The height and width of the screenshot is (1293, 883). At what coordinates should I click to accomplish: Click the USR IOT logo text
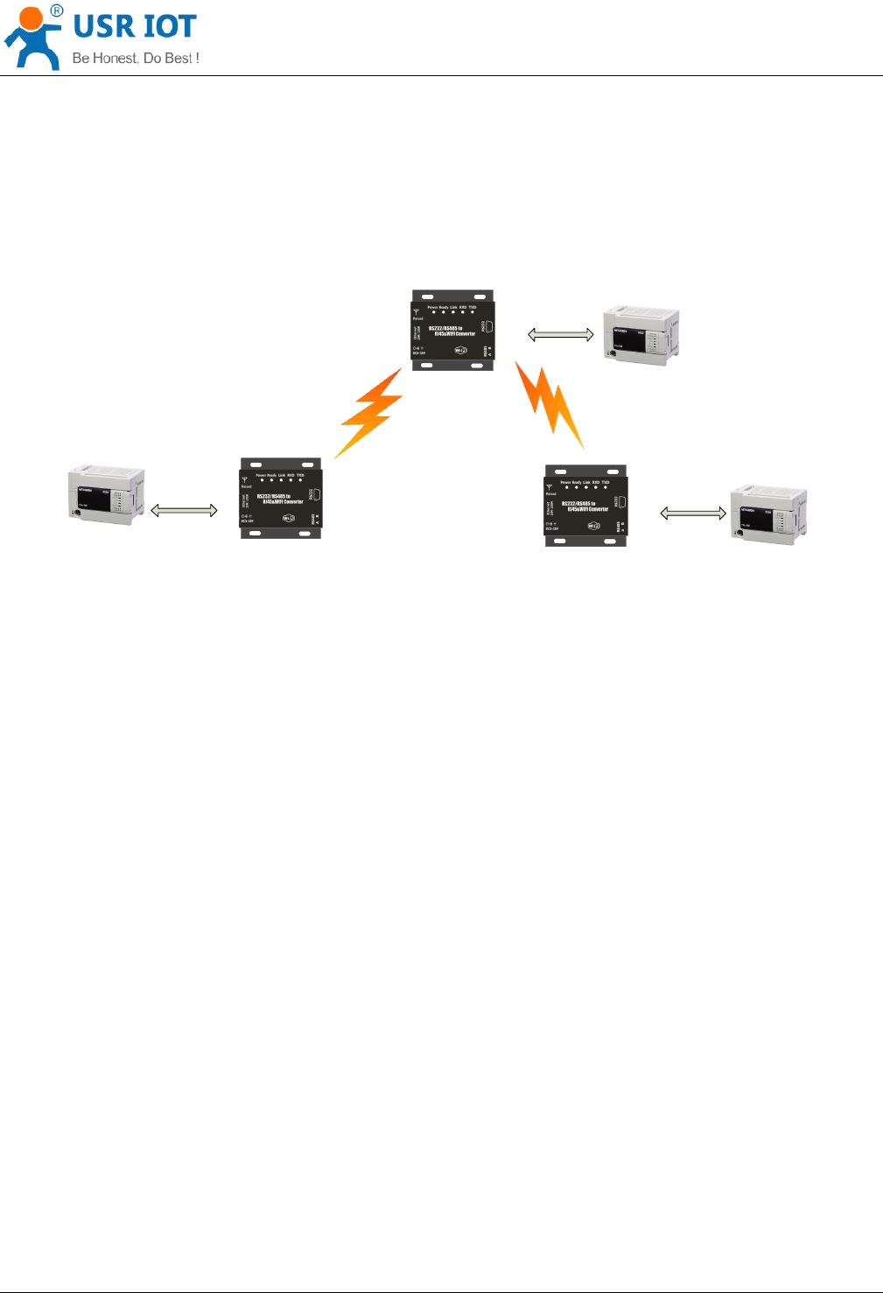(x=135, y=27)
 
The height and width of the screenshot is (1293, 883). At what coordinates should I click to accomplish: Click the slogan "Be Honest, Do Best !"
(x=136, y=59)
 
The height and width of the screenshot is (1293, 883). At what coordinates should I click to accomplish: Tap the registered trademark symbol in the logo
(x=56, y=10)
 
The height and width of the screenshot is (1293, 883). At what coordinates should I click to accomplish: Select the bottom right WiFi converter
(x=585, y=506)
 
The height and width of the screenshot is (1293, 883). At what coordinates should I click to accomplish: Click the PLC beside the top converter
(x=641, y=335)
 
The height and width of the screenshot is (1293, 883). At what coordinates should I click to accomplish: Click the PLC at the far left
(x=106, y=496)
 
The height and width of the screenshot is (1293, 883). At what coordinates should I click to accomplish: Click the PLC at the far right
(x=768, y=514)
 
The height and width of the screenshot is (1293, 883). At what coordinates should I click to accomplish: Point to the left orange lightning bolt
(x=370, y=414)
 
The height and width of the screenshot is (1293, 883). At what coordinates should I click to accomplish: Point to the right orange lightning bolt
(x=550, y=405)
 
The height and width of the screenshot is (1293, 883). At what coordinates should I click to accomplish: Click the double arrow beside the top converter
(x=561, y=334)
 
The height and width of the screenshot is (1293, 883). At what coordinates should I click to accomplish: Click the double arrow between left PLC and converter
(x=185, y=510)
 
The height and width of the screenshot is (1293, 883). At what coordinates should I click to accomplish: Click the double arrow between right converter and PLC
(x=693, y=514)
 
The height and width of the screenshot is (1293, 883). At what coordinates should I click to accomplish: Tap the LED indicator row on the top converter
(x=453, y=312)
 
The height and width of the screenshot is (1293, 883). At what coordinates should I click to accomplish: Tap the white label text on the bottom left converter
(x=280, y=499)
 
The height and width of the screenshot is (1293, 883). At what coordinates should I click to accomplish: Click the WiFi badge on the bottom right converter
(x=593, y=526)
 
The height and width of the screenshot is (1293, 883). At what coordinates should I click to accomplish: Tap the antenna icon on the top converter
(x=417, y=311)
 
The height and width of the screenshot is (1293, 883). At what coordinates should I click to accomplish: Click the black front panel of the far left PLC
(x=95, y=502)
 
